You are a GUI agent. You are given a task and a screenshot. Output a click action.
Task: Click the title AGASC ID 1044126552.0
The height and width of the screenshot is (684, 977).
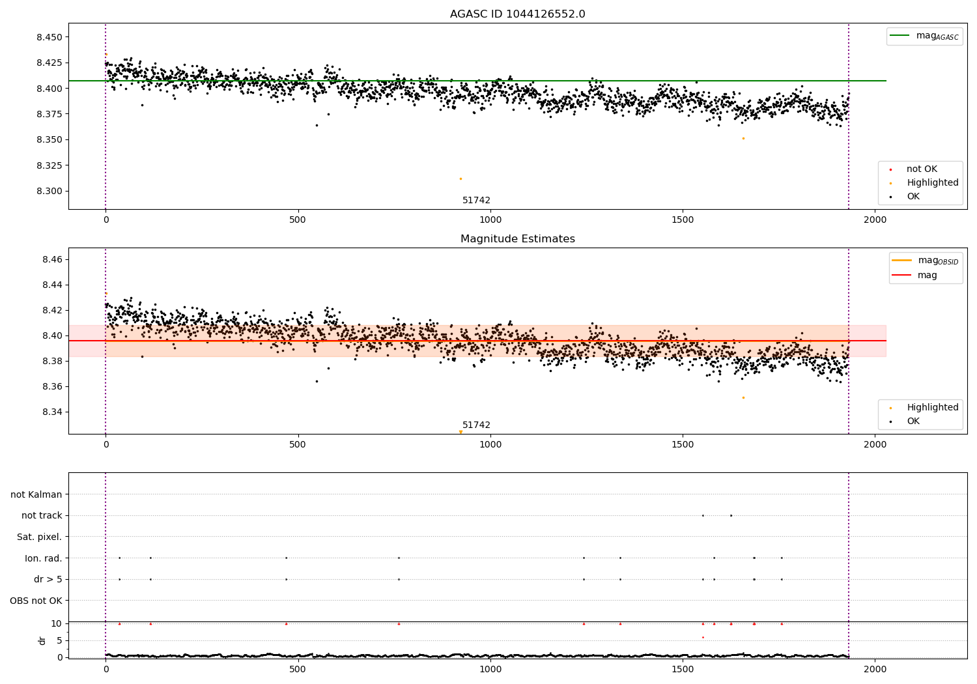(x=517, y=14)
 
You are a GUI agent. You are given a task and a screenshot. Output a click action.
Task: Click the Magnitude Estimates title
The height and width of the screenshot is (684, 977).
(x=517, y=239)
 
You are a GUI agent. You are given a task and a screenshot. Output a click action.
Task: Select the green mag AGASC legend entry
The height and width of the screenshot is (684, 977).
(x=924, y=36)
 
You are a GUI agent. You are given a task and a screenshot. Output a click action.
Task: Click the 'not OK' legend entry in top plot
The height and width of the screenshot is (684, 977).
(x=921, y=169)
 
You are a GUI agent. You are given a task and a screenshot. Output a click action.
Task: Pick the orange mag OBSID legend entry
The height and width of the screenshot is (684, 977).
(x=925, y=261)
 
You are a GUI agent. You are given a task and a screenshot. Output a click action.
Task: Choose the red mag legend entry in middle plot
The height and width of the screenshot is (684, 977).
(x=926, y=276)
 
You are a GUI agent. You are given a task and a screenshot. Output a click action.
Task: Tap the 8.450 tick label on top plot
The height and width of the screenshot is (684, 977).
(x=50, y=37)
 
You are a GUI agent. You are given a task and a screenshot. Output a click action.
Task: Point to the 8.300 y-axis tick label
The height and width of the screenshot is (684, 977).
(x=50, y=192)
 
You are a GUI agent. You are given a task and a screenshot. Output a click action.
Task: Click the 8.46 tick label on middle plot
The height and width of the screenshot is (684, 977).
(x=52, y=260)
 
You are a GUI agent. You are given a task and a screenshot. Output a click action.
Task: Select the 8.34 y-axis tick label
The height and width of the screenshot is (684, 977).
(x=52, y=412)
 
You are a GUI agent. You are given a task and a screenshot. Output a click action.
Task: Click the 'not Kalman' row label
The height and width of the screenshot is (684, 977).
(x=36, y=494)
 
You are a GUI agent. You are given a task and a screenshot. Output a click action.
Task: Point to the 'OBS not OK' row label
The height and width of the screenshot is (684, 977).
(x=36, y=601)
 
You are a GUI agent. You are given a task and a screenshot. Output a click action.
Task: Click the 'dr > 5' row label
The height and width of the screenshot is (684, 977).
(x=48, y=580)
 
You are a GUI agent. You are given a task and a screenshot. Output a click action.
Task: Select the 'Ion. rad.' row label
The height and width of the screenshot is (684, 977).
(x=43, y=558)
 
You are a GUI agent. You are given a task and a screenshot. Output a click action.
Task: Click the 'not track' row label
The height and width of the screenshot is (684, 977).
(x=42, y=516)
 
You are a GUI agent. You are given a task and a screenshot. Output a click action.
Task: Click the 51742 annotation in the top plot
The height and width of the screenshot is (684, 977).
(x=476, y=201)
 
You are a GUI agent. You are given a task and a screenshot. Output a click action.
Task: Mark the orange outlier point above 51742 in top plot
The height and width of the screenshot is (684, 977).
(x=460, y=178)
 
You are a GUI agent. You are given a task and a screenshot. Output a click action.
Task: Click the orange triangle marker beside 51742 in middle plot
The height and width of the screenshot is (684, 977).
(x=460, y=432)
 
